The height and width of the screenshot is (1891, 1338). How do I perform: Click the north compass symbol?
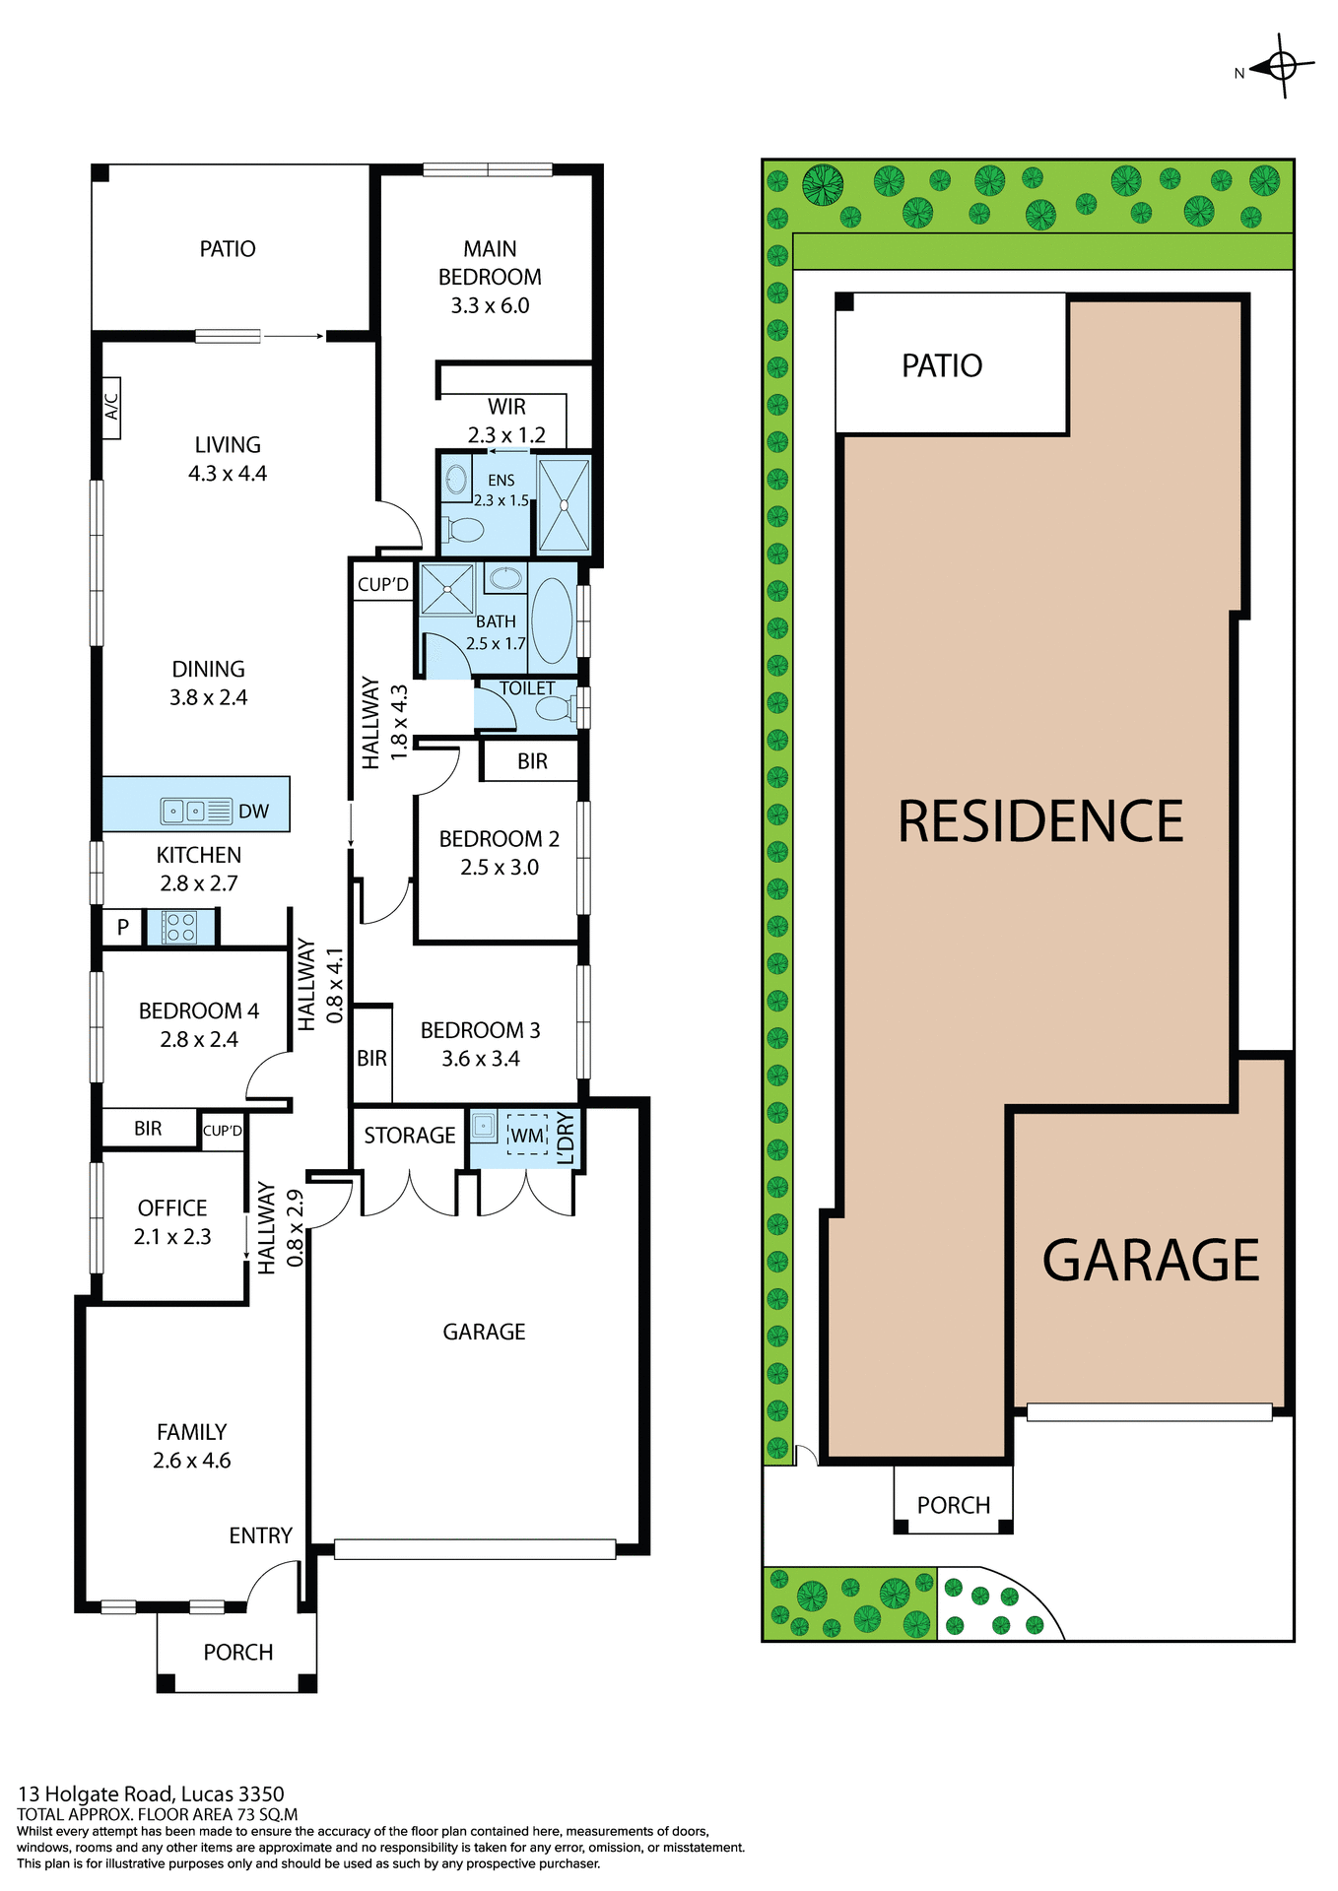tap(1282, 67)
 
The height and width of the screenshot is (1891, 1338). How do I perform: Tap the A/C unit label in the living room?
tap(111, 407)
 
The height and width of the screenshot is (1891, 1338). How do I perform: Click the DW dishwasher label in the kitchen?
tap(253, 812)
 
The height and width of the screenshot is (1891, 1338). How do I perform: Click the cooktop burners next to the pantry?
tap(179, 927)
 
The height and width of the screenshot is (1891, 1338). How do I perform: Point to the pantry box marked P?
tap(123, 927)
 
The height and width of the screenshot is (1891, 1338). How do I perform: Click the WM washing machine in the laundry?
tap(527, 1136)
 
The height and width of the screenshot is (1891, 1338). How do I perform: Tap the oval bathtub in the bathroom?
tap(552, 620)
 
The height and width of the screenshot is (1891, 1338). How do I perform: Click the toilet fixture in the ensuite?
tap(463, 530)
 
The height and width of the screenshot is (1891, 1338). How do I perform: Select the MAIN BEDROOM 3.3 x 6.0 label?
tap(490, 277)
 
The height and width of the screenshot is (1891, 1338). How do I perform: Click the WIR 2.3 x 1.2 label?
tap(506, 421)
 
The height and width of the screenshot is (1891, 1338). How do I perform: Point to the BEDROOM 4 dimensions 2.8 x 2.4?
tap(199, 1039)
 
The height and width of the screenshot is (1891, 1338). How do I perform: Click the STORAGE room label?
tap(409, 1136)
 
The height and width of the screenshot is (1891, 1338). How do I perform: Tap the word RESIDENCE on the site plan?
tap(1039, 821)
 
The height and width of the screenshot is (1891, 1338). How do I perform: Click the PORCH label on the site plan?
tap(953, 1505)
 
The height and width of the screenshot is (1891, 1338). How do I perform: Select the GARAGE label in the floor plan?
tap(484, 1332)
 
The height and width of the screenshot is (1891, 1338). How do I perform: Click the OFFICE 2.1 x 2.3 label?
tap(172, 1221)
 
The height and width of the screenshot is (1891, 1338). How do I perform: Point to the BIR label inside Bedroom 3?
tap(371, 1058)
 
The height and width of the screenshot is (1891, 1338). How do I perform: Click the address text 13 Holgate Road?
tap(151, 1793)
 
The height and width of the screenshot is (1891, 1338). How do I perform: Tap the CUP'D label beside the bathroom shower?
tap(382, 584)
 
